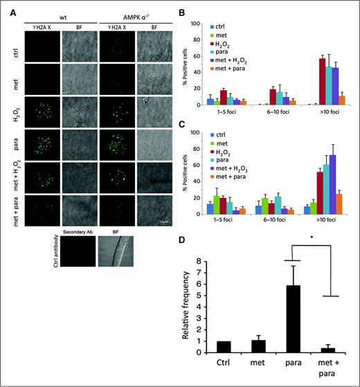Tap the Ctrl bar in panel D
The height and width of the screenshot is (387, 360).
223,347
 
